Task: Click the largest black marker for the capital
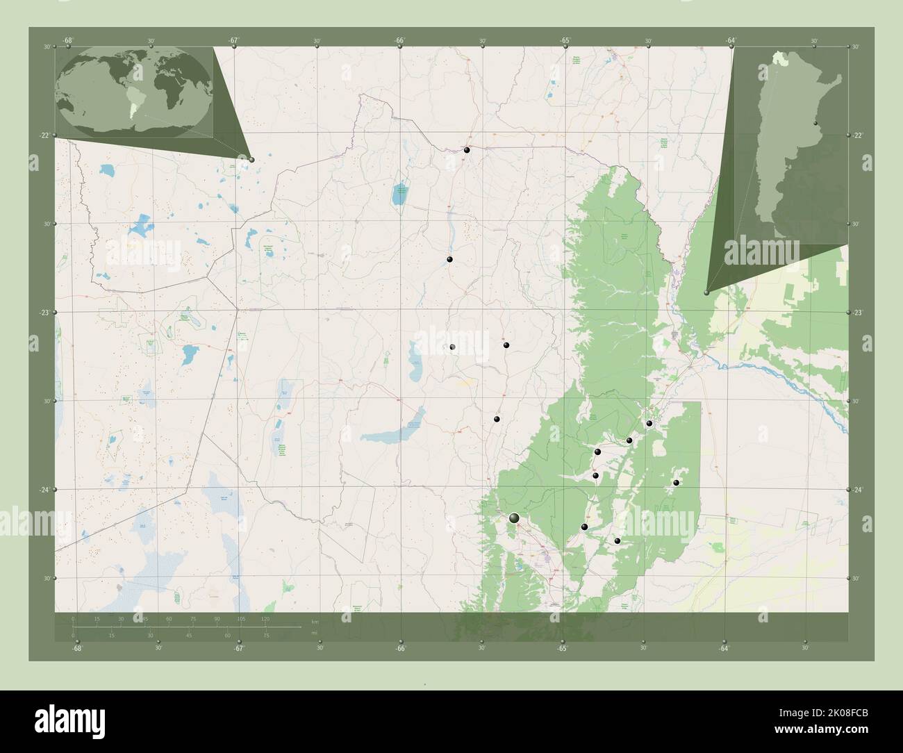coord(514,518)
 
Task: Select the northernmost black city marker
coord(467,150)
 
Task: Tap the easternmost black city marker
coord(676,482)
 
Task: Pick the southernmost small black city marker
coord(617,540)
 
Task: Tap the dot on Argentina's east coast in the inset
coord(816,125)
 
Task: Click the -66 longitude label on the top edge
coord(400,41)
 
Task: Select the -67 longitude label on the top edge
coord(234,41)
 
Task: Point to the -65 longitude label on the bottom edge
coord(562,649)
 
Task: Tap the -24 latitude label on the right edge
coord(859,490)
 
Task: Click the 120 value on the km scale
coord(265,618)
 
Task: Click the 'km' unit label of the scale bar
coord(315,622)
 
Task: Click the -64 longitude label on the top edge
coord(731,41)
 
